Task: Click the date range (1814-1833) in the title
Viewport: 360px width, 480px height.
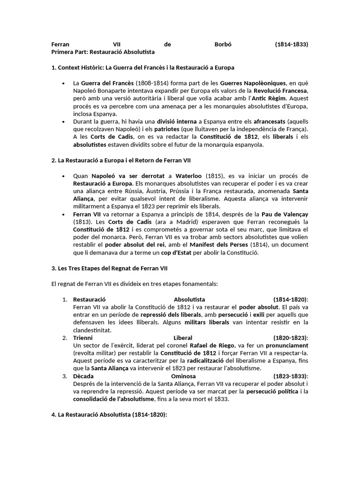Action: [x=291, y=45]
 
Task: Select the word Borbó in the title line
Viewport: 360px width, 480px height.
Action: [x=222, y=45]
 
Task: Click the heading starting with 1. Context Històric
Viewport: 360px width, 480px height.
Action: [x=143, y=68]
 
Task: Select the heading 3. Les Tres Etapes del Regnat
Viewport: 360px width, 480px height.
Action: [x=109, y=268]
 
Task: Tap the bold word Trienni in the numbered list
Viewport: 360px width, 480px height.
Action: [x=83, y=337]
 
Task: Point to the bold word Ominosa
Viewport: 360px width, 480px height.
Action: [x=183, y=376]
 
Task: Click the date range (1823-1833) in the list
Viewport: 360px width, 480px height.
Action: [x=291, y=376]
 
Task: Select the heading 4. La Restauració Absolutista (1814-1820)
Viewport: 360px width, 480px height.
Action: [x=109, y=415]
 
